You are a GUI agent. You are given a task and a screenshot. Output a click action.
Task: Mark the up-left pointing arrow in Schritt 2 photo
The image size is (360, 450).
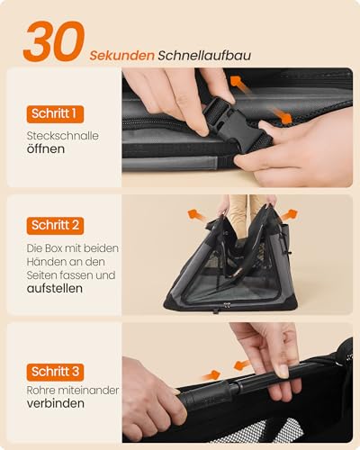click(193, 215)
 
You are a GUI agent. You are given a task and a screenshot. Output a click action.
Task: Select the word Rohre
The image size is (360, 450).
click(40, 389)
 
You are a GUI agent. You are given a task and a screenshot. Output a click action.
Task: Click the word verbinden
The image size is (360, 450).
click(56, 404)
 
